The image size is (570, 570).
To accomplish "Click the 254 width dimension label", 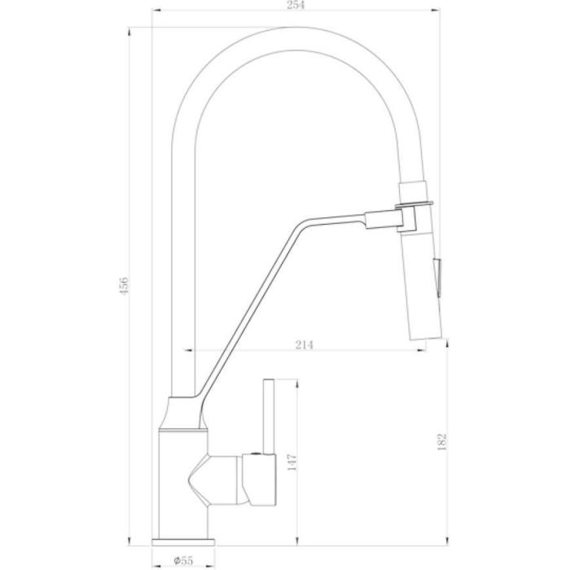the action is [296, 5].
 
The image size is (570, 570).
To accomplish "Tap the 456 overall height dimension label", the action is [124, 286].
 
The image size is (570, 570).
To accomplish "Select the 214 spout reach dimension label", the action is [304, 344].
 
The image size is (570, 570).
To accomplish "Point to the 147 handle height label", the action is [292, 463].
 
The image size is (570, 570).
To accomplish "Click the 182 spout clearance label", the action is [441, 441].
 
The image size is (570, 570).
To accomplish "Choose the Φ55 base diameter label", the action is [183, 560].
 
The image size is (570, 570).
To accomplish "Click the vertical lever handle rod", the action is [269, 417].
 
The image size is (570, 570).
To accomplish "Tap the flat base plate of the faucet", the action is [183, 542].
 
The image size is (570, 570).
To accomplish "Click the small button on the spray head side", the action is [437, 277].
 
